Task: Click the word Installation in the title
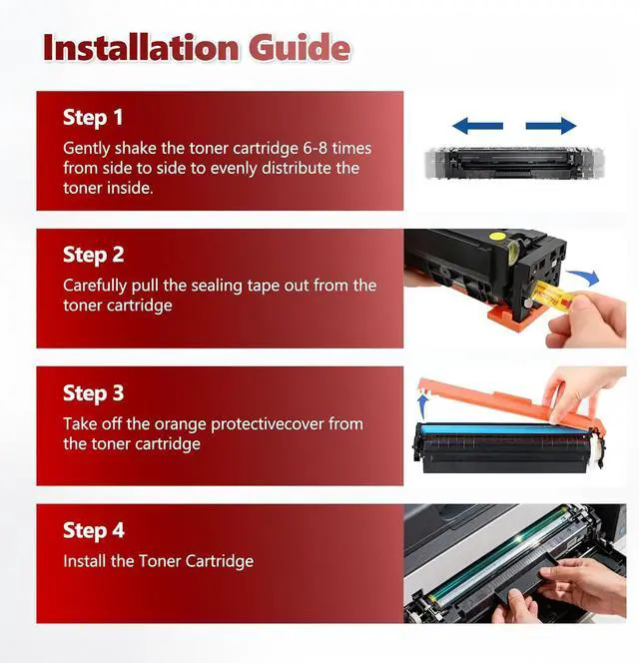tap(141, 47)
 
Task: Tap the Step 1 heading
tap(93, 117)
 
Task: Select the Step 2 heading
tap(94, 255)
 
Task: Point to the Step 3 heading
tap(94, 392)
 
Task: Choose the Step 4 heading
tap(94, 530)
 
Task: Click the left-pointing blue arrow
tap(477, 126)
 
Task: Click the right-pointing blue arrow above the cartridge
tap(551, 126)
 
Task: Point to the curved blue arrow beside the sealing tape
tap(584, 278)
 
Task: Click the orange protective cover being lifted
tap(507, 401)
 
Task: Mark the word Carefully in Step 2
tap(95, 286)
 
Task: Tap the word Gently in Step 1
tap(87, 149)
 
